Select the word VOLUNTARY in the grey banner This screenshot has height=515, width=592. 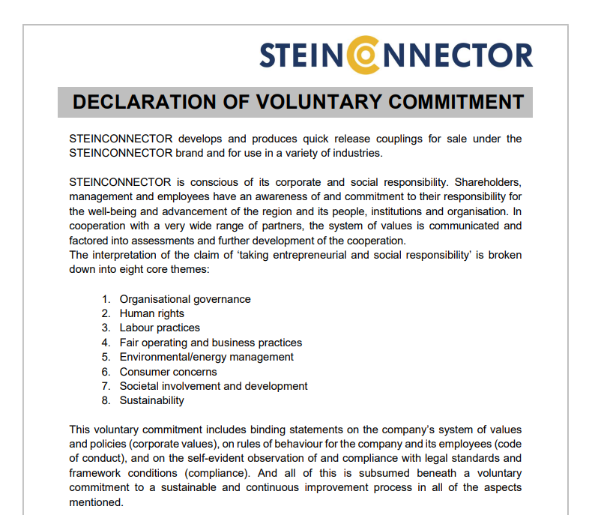pos(294,103)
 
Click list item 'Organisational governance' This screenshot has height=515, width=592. pos(185,299)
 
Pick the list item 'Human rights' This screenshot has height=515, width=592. pos(151,313)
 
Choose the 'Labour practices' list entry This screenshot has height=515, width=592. pos(160,328)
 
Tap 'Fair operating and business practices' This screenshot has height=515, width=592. pos(211,343)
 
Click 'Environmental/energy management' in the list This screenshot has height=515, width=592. pos(207,357)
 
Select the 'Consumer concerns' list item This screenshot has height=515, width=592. pos(168,372)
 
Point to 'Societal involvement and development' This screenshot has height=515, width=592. pos(214,386)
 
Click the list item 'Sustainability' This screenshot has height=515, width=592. pos(151,400)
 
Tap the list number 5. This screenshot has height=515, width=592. pos(106,357)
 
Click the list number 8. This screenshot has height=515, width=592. pos(106,400)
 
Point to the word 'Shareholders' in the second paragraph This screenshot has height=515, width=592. pos(489,182)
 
